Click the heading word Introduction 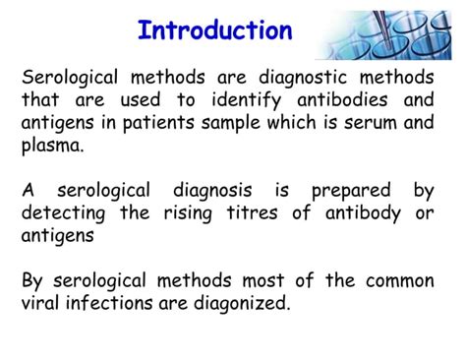tap(214, 30)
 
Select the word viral tap(42, 303)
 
